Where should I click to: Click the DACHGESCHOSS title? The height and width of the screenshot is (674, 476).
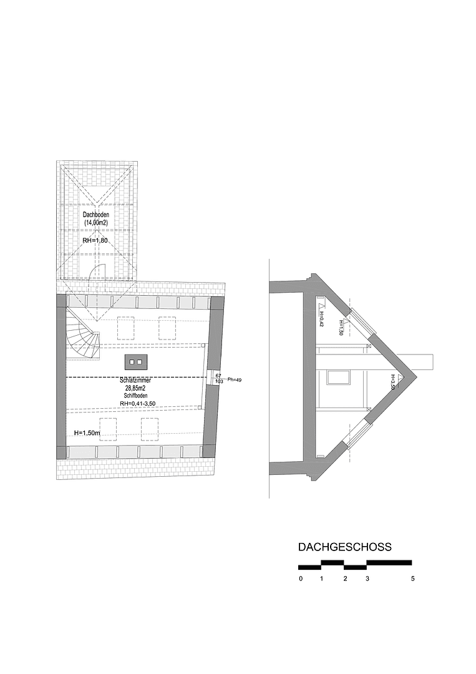(x=344, y=547)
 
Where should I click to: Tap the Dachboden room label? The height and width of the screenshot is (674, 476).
(x=96, y=215)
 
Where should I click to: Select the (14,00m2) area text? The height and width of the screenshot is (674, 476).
(x=96, y=222)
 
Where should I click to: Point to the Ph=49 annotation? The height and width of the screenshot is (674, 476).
(x=234, y=379)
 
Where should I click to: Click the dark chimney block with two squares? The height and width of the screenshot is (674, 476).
(x=136, y=361)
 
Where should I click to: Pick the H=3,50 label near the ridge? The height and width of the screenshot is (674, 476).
(x=392, y=382)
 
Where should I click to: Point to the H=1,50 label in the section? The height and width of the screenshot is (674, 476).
(x=341, y=328)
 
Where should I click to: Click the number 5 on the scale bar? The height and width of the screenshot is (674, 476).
(x=413, y=579)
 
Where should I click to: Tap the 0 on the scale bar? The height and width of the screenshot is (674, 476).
(x=301, y=579)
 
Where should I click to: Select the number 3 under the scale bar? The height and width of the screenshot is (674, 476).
(x=367, y=579)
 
